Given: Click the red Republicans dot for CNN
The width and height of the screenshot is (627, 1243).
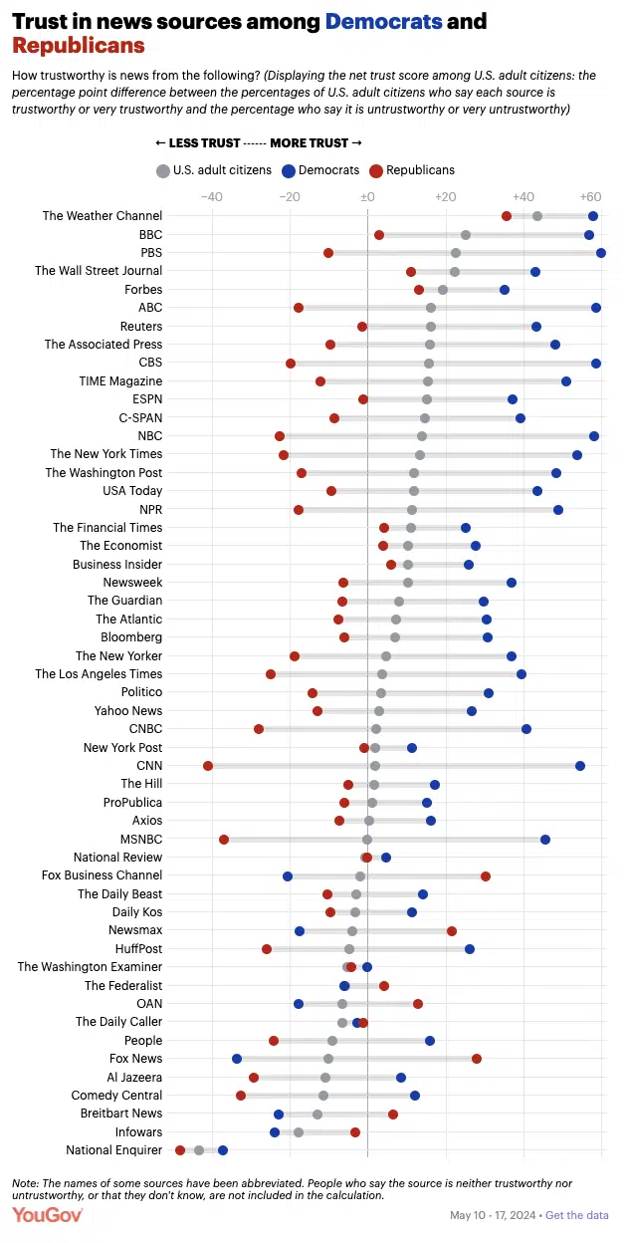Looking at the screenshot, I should [x=208, y=766].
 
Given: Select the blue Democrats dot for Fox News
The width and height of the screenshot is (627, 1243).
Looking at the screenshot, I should [x=237, y=1059].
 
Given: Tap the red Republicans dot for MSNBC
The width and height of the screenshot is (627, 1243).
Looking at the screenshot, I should [x=224, y=840].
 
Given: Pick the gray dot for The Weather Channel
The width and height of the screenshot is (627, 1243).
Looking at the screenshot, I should [x=537, y=216].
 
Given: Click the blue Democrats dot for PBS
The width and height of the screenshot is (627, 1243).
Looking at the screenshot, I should [x=601, y=253].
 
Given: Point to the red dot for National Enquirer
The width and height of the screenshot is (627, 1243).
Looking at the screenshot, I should [x=180, y=1150].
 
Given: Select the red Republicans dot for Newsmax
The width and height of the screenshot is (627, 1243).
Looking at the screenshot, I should [x=452, y=931].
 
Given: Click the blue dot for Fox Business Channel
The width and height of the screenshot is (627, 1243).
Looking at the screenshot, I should [x=288, y=876].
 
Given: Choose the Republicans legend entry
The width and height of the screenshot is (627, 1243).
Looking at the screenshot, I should [x=411, y=170].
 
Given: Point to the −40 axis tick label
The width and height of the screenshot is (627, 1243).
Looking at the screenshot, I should [x=211, y=197].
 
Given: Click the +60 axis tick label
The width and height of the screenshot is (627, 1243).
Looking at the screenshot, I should [x=591, y=197].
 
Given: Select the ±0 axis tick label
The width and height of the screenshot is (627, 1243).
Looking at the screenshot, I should [x=367, y=197].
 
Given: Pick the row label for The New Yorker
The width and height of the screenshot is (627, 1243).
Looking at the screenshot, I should [x=118, y=656].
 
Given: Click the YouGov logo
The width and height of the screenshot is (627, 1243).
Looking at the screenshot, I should [x=47, y=1215].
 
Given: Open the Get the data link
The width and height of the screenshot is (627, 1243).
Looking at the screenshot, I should [x=576, y=1215].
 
